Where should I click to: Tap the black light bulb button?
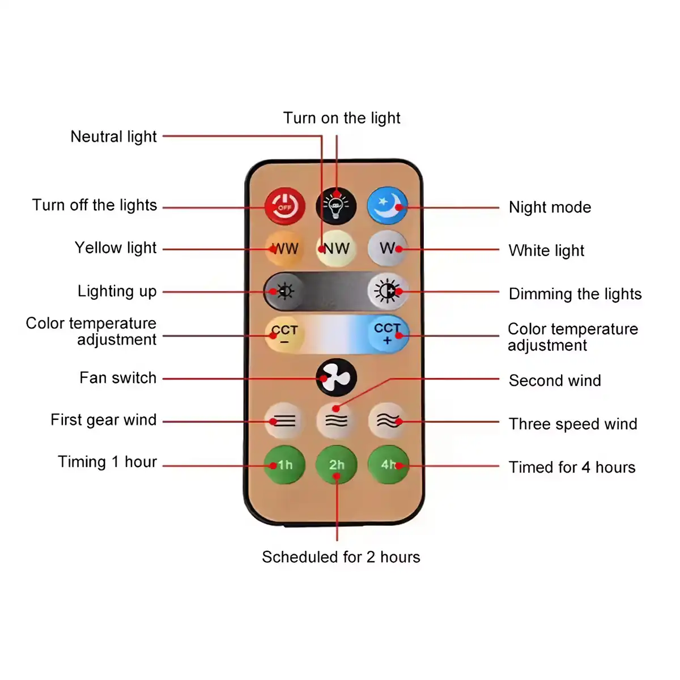coord(336,206)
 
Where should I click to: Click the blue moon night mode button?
coord(388,206)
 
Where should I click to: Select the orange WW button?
coord(284,248)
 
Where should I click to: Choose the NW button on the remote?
coord(336,248)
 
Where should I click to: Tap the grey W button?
coord(388,248)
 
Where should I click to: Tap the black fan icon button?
coord(336,378)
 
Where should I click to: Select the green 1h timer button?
coord(284,465)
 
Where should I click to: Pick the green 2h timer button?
coord(336,465)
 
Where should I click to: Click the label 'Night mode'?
coord(550,207)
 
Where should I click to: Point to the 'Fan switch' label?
coord(118,377)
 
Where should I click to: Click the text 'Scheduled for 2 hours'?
coord(341,557)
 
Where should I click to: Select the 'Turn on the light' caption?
coord(342,118)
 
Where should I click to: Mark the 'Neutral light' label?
coord(113,137)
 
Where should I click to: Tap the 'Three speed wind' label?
coord(573,424)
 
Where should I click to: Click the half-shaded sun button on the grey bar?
coord(388,291)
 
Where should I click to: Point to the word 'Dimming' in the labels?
coord(540,294)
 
